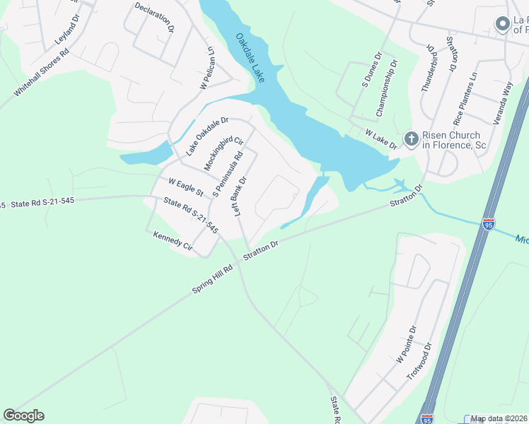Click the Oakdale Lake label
[x=250, y=58]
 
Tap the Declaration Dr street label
[x=155, y=18]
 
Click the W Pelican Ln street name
[x=207, y=69]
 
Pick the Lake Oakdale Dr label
[x=207, y=136]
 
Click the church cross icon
[x=409, y=139]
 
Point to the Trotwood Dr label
[x=419, y=362]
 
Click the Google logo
[x=23, y=416]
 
